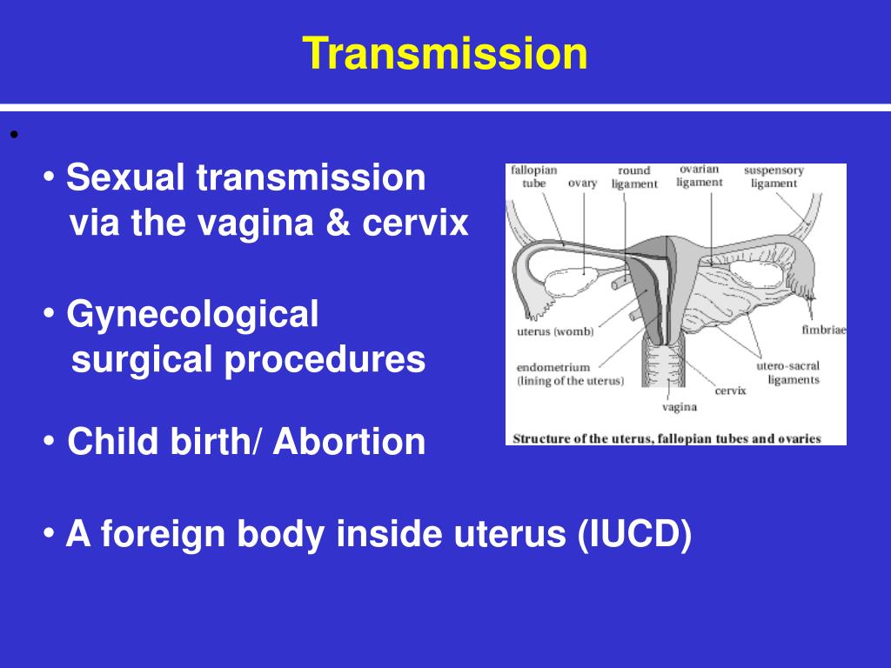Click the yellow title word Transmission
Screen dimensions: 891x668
tap(445, 53)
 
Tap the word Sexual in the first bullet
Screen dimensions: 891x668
tap(126, 177)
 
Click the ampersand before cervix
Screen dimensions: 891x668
tap(338, 222)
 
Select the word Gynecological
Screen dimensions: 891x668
tap(192, 315)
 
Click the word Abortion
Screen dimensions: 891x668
tap(349, 441)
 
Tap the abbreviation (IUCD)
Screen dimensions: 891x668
tap(634, 535)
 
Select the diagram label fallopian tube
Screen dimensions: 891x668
tap(533, 177)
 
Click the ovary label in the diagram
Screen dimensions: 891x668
tap(582, 184)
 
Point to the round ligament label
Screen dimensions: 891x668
tap(634, 177)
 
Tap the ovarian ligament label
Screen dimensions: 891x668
tap(700, 176)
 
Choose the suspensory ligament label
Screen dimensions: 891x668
tap(774, 177)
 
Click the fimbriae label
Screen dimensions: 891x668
tap(824, 330)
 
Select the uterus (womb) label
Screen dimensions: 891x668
tap(555, 331)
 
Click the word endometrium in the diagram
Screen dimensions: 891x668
tap(553, 367)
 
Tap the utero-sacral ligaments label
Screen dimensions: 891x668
tap(788, 372)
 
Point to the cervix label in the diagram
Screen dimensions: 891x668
tap(730, 391)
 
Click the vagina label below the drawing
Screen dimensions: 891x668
tap(679, 407)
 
